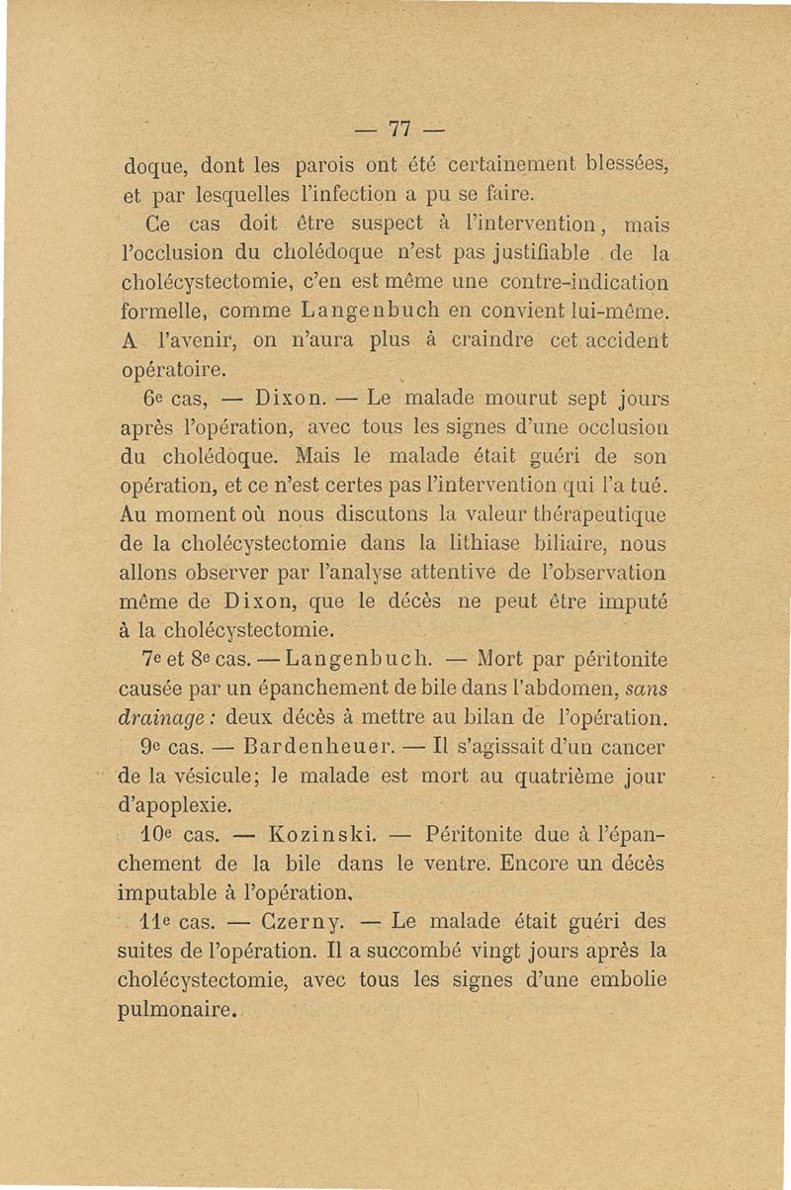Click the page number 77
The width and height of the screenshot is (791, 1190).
[x=398, y=129]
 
